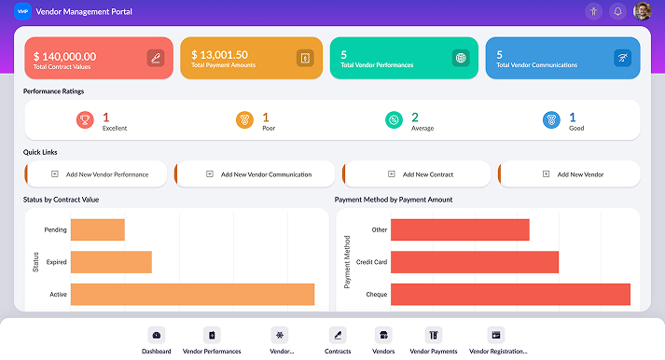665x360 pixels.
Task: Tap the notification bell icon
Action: point(617,11)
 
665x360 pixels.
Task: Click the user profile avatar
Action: point(643,11)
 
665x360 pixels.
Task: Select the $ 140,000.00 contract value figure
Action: point(64,56)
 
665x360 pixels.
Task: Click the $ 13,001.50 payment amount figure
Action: point(219,55)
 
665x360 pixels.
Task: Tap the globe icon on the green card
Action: point(460,58)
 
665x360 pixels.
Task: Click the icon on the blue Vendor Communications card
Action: point(621,58)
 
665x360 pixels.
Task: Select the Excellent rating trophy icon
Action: point(86,119)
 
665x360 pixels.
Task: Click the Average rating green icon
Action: point(395,119)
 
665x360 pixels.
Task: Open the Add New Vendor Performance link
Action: point(99,174)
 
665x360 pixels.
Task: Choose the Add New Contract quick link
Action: point(422,174)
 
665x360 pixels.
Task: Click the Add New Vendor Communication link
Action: point(258,174)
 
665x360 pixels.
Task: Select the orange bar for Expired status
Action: point(111,262)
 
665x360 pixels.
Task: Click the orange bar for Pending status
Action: point(97,229)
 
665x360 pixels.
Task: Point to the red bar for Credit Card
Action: point(474,262)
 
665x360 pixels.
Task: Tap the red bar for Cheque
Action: point(510,294)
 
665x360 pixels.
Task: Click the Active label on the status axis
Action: point(58,295)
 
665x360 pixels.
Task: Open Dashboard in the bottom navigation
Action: point(157,340)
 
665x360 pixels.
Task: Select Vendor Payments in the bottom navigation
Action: point(434,340)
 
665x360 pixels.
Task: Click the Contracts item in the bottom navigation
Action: point(338,340)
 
